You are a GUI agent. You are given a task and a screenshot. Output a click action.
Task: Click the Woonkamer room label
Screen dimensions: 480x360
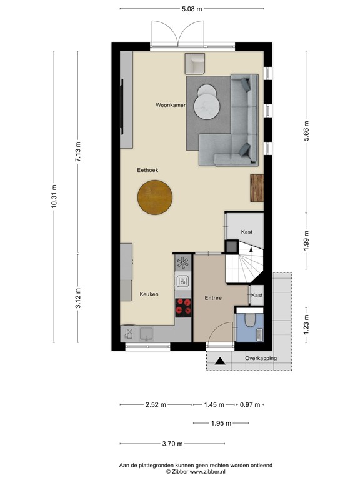coord(171,106)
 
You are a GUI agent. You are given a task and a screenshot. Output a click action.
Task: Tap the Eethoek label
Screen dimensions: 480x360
coord(147,170)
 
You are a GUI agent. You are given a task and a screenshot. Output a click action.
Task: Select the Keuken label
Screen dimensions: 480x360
coord(149,294)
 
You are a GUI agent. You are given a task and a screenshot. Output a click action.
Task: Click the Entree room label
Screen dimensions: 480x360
coord(213,298)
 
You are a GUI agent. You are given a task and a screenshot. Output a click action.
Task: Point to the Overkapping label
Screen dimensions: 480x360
coord(261,358)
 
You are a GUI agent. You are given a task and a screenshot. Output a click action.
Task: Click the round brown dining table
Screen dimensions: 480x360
coord(156,198)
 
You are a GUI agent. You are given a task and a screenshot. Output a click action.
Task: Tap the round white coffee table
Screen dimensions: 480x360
coord(207,103)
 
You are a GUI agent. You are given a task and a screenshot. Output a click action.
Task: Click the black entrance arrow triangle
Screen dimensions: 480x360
coord(219,361)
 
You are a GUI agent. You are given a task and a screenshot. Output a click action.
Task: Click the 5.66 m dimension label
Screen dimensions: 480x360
coord(306,132)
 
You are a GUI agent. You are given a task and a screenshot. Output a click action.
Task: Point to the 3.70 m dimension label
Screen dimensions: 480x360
coord(172,444)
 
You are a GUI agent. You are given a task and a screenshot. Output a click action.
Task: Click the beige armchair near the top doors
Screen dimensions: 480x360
coord(195,64)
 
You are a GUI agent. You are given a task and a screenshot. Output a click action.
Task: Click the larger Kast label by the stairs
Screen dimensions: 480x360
coord(246,232)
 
